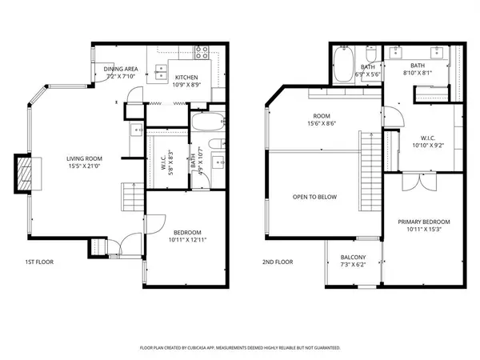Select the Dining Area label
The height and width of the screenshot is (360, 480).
click(x=122, y=70)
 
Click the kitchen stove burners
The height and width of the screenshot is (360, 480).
click(x=202, y=54)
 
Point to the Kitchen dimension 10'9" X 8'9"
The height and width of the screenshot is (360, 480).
click(x=189, y=84)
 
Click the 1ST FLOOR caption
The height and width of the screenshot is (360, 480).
click(x=38, y=262)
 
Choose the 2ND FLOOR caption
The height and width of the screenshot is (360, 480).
click(x=277, y=262)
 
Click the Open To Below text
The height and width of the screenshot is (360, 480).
click(x=314, y=196)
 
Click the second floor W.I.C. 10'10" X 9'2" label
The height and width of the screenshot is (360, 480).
click(x=424, y=142)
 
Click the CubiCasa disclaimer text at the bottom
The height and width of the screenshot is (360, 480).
click(x=240, y=348)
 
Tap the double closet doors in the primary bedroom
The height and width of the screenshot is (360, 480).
click(x=410, y=182)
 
